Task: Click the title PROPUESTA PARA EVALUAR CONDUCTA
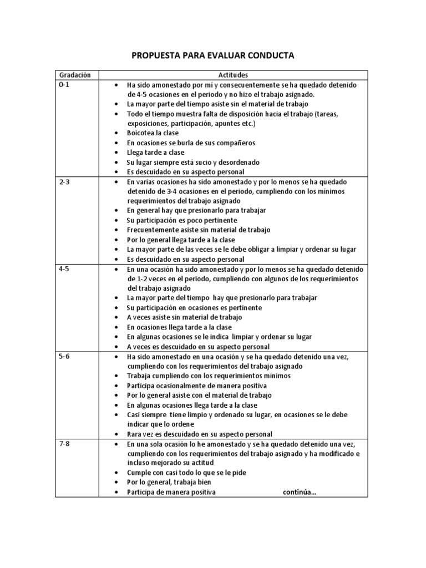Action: coord(212,55)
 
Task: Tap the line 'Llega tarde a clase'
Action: coord(155,153)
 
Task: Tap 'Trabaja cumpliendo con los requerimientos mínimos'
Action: coord(209,376)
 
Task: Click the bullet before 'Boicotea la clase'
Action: coord(115,133)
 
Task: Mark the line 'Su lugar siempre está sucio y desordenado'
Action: coord(193,162)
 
